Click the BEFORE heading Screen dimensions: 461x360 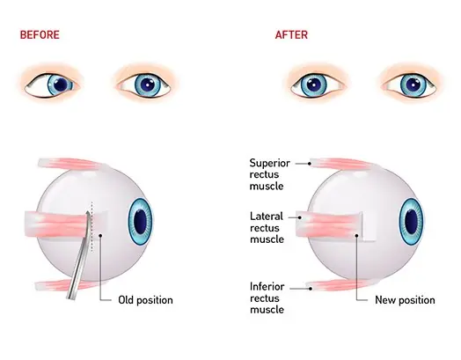coord(40,34)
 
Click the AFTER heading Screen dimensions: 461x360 coord(291,34)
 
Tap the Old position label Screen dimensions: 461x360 coord(145,300)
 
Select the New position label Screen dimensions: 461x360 coord(405,300)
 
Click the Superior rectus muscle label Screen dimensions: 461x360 coord(269,174)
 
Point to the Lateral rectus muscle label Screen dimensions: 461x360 coord(267,228)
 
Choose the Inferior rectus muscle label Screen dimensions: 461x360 coord(267,298)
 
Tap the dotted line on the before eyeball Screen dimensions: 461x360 coord(92,227)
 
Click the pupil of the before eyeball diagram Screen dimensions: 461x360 coord(140,222)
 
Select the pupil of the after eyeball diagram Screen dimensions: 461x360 coord(412,222)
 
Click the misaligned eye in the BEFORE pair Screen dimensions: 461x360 coord(52,85)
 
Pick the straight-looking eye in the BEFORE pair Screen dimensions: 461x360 coord(144,85)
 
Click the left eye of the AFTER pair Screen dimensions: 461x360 coord(318,85)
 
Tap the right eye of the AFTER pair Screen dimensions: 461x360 coord(410,85)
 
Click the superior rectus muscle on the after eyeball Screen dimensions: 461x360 coord(341,164)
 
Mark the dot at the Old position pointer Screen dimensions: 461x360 coord(100,235)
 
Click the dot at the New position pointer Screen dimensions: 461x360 coord(356,235)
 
